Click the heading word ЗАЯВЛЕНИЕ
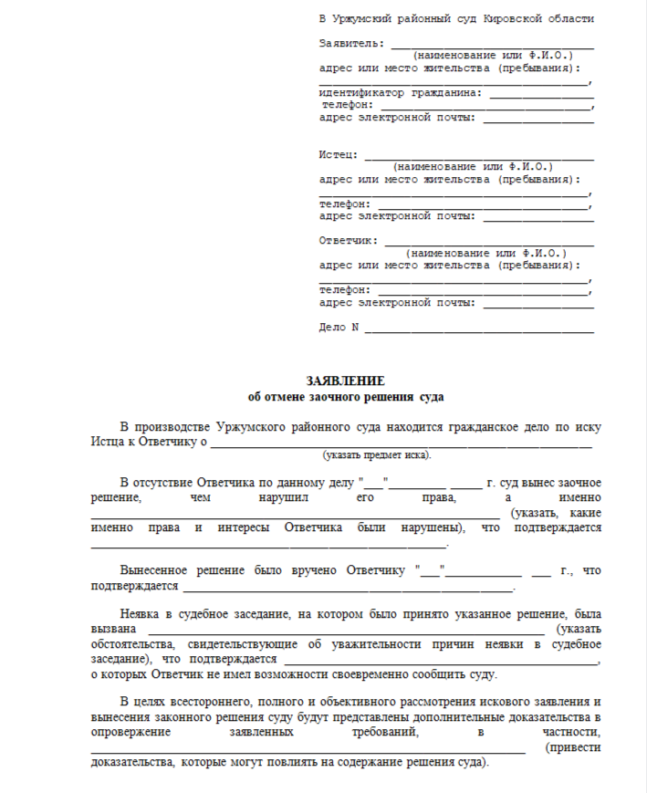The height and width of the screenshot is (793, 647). click(345, 381)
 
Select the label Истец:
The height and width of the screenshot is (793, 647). click(338, 154)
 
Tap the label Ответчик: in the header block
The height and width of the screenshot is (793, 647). click(348, 241)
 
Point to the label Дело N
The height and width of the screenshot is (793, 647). click(339, 328)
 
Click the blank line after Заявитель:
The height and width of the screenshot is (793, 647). click(492, 45)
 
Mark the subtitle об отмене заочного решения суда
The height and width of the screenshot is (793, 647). click(345, 397)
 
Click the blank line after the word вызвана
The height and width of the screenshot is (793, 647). click(347, 631)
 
